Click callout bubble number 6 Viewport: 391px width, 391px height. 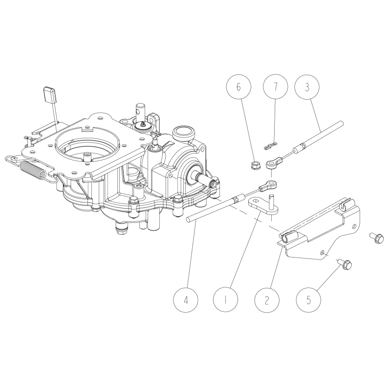pos(239,87)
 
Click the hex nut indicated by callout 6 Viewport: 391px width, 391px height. pos(254,165)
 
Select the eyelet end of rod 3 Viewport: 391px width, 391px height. pos(273,162)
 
